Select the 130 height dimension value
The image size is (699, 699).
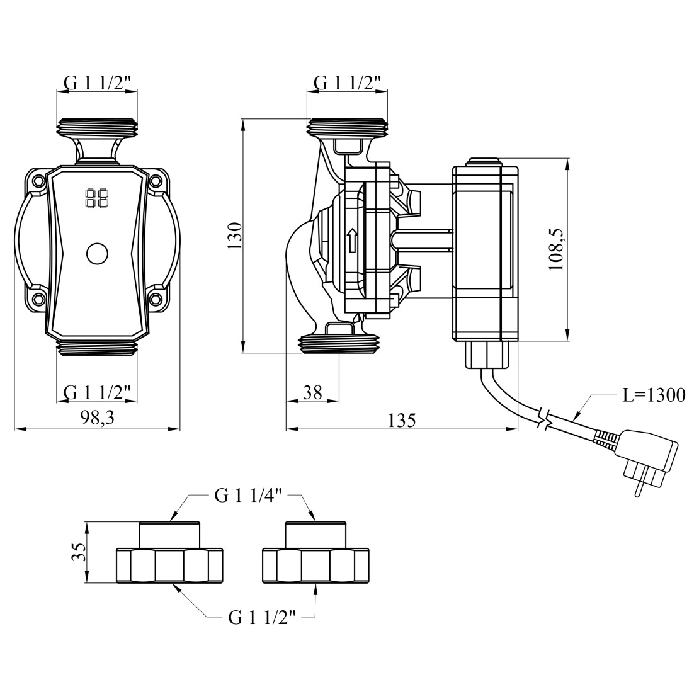234,236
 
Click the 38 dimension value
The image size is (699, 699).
312,392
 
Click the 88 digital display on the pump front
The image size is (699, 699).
96,200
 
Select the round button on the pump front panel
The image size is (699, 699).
97,254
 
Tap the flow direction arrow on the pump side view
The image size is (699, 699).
353,240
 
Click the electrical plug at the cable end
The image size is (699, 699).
648,458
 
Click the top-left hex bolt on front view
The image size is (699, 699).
40,182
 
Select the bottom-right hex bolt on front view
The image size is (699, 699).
155,297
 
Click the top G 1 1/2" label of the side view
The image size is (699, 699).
348,82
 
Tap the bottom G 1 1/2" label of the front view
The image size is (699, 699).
98,392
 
